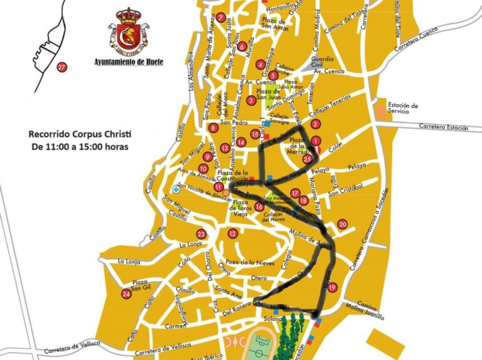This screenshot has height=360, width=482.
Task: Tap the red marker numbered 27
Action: pos(62,68)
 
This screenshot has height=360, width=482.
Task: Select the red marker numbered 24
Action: pos(127,294)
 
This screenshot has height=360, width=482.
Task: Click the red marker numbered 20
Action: pos(342,224)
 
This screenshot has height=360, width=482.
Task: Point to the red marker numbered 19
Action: pos(332,287)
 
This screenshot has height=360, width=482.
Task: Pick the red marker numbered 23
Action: pos(201,234)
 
